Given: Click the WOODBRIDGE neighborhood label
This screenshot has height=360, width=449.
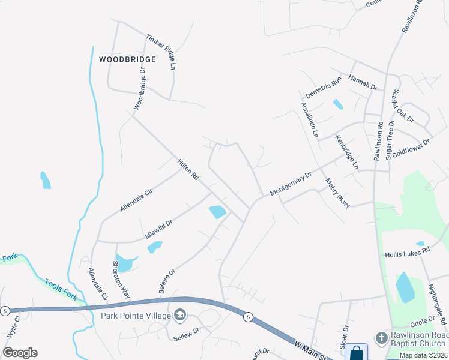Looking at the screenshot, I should (127, 59).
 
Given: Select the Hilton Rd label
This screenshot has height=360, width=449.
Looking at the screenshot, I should (188, 170).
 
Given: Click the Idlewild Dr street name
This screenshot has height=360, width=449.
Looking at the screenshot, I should (158, 226).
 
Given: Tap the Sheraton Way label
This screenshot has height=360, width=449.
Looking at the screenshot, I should (121, 280).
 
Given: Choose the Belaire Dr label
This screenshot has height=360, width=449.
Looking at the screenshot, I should (167, 281).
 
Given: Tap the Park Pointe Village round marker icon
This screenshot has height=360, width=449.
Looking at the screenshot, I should (180, 315).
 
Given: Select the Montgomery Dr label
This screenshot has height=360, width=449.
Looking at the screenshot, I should (291, 184).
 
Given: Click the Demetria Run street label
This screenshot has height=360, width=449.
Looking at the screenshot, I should (323, 87).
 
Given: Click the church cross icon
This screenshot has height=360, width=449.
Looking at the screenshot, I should (381, 338).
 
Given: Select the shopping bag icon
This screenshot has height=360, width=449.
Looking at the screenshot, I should (356, 353).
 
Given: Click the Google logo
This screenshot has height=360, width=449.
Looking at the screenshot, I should (20, 353).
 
